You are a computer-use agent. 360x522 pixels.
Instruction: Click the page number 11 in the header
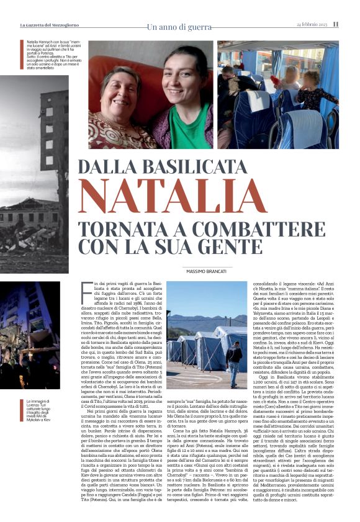pos(336,24)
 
